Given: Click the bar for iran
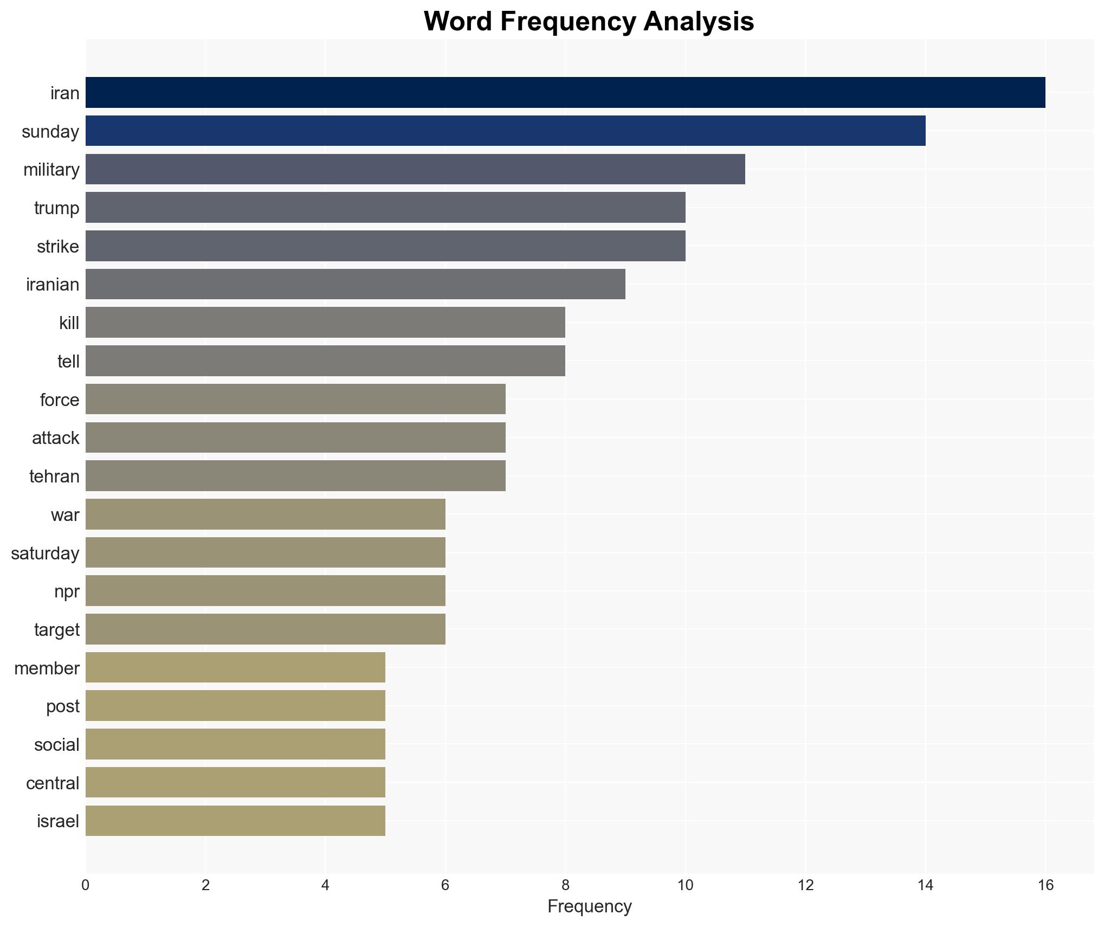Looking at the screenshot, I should (x=565, y=93).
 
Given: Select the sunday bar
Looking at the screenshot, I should (x=505, y=131).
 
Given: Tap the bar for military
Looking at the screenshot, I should (x=415, y=169).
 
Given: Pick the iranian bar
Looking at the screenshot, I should (x=355, y=284).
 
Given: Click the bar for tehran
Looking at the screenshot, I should (x=295, y=476).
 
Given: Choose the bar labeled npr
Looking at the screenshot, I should (x=265, y=591).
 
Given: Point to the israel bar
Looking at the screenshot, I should (x=235, y=821).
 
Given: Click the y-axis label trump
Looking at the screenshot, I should (x=56, y=208).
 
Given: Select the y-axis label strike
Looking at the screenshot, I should (x=57, y=247).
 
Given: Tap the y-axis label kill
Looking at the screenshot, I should (x=69, y=323).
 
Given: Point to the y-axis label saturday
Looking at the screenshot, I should (x=45, y=553).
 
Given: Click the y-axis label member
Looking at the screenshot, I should (x=47, y=668).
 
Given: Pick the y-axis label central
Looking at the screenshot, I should (x=53, y=783).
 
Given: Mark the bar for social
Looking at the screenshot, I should (x=235, y=744).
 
